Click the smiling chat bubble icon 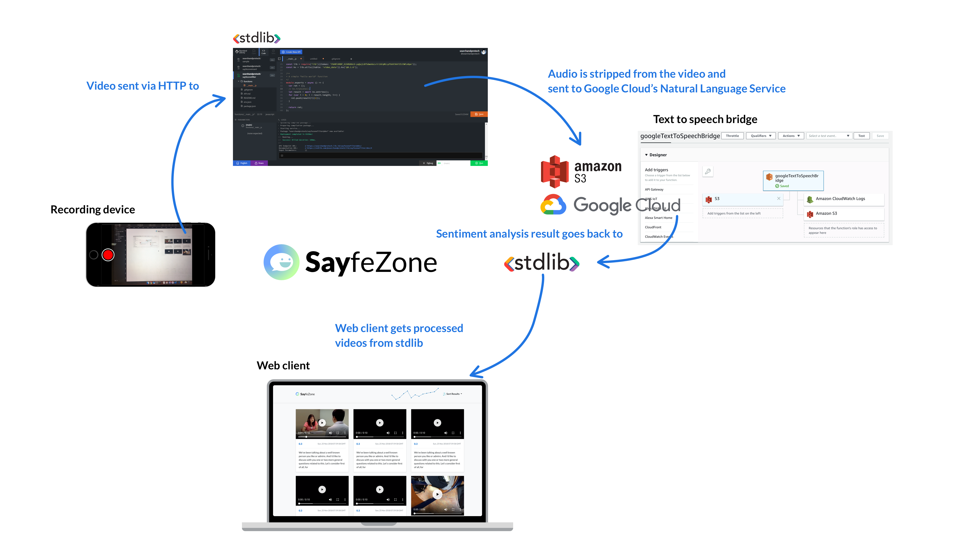282,262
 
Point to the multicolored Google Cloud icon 553,205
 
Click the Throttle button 732,136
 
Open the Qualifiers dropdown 761,136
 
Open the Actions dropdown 791,136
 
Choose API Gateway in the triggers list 654,190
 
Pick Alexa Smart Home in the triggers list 658,218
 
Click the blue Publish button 242,163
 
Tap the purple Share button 259,163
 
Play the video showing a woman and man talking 322,423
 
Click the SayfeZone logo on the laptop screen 305,394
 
